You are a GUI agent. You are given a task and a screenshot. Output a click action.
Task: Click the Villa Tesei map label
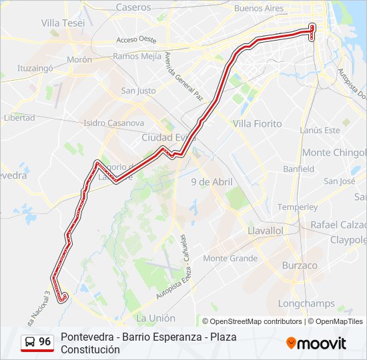[63, 23]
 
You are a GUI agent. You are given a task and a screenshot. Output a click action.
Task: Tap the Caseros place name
[133, 7]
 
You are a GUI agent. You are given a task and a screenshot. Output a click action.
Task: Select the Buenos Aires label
[260, 9]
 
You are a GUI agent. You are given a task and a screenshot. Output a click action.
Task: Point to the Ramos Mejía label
[137, 56]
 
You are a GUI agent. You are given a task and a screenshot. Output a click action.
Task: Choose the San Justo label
[138, 91]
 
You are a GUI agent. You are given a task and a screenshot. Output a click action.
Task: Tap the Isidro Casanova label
[113, 123]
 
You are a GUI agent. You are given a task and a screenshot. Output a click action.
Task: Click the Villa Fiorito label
[257, 124]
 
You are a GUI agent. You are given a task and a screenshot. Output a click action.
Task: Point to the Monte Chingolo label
[334, 153]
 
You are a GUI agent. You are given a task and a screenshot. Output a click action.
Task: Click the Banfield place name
[298, 169]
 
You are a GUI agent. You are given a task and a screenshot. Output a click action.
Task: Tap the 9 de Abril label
[212, 181]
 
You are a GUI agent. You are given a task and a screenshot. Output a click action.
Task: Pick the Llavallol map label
[266, 230]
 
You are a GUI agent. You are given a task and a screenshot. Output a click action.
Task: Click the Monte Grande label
[230, 259]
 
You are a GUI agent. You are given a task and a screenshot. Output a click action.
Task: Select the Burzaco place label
[300, 265]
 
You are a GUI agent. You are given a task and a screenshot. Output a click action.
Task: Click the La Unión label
[155, 319]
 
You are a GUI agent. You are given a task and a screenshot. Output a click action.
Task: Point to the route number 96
[45, 342]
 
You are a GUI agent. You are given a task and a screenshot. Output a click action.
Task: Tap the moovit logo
[316, 343]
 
